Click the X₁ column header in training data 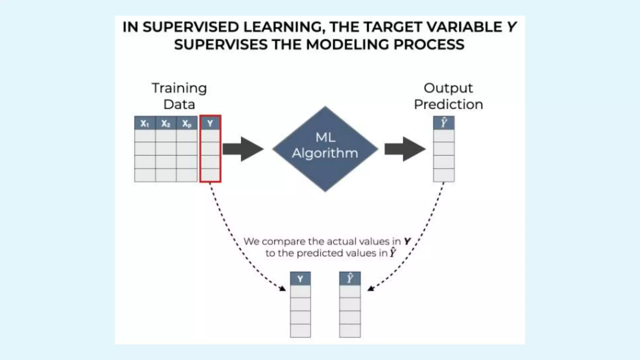click(145, 123)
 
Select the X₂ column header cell click(166, 123)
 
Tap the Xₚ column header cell click(187, 123)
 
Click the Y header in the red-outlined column click(210, 123)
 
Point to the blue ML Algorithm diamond click(325, 149)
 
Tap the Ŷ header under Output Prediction click(444, 122)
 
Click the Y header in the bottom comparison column click(300, 279)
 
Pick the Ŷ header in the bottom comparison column click(350, 278)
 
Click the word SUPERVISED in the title click(191, 27)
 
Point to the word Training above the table click(179, 88)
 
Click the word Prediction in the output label click(448, 104)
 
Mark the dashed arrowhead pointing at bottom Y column click(282, 288)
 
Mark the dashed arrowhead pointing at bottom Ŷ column click(371, 288)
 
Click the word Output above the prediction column click(448, 88)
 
